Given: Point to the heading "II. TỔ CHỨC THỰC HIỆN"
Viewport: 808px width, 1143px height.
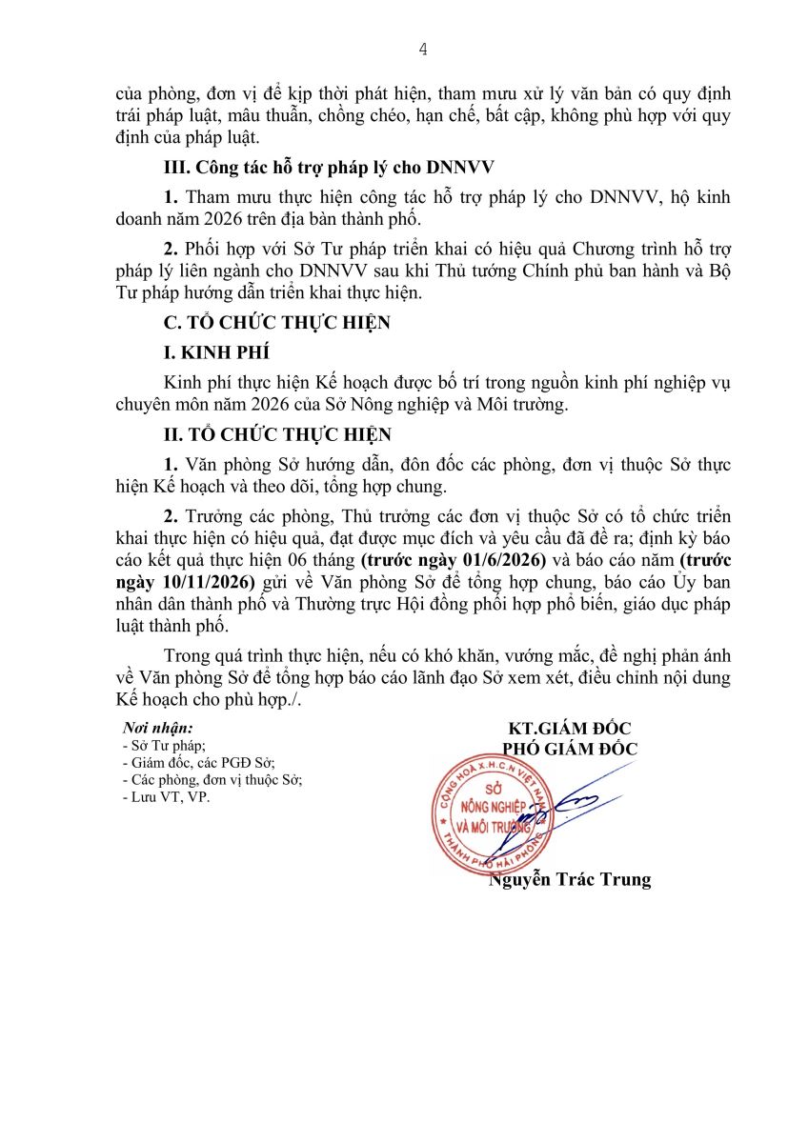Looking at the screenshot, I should pyautogui.click(x=277, y=435).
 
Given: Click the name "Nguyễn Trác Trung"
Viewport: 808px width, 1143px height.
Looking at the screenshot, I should pyautogui.click(x=570, y=879).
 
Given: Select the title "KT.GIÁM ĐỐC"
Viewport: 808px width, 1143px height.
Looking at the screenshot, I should pyautogui.click(x=570, y=729).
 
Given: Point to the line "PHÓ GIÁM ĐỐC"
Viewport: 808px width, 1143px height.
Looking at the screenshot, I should pyautogui.click(x=570, y=749).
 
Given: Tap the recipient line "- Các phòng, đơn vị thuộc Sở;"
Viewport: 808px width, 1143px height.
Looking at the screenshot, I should pyautogui.click(x=212, y=780).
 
